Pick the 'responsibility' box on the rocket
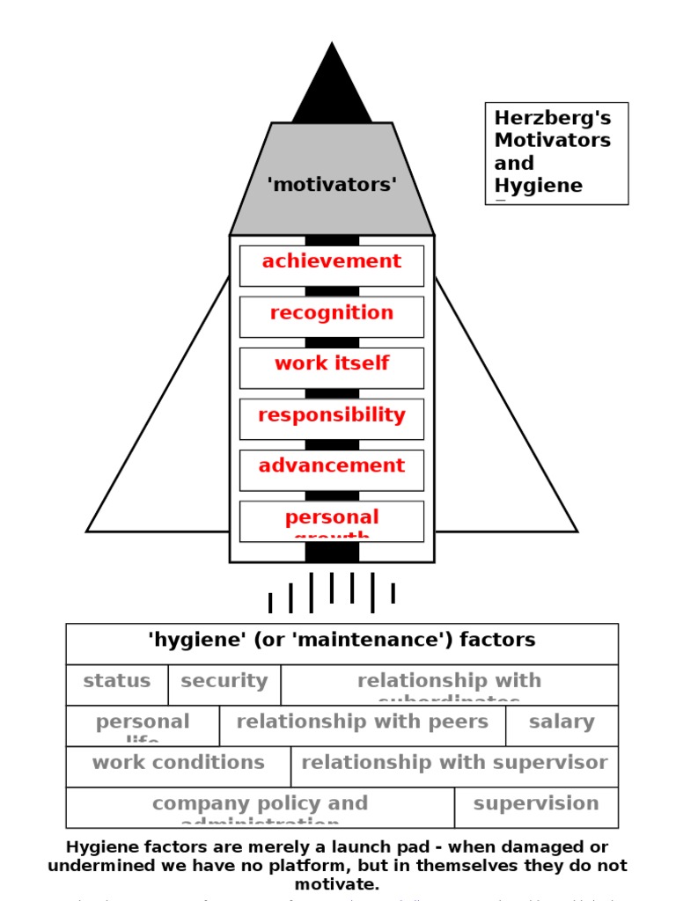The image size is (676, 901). pos(332,418)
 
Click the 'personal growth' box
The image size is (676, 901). pos(332,521)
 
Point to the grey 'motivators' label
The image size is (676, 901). pos(332,185)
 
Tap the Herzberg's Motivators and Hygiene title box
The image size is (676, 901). pos(556,153)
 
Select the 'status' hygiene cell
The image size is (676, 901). pos(117,684)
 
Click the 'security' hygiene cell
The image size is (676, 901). pos(224,684)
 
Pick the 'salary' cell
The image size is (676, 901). pos(562,725)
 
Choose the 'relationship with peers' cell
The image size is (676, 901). pos(363,725)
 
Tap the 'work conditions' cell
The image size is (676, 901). pos(179,765)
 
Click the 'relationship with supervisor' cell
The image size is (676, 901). pos(454,765)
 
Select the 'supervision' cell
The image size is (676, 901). pos(536,807)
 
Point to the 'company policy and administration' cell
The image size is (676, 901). pos(261,807)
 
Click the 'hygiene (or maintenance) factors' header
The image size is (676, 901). pos(342,643)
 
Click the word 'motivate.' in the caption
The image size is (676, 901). pos(337,884)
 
